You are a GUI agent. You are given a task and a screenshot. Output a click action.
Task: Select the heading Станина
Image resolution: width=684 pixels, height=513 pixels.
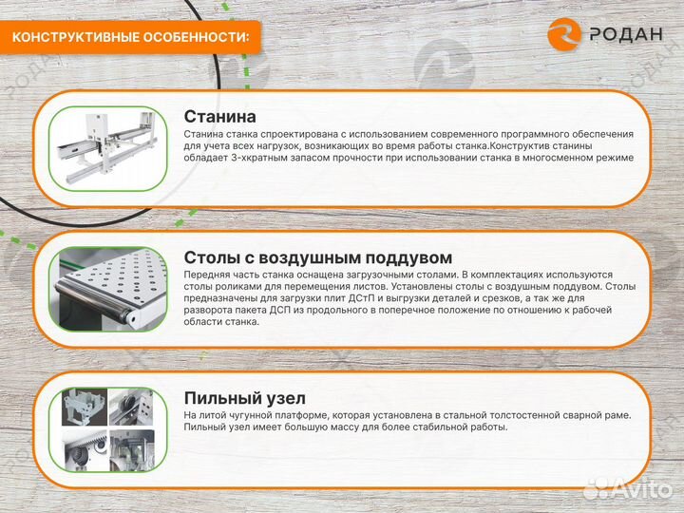pos(219,117)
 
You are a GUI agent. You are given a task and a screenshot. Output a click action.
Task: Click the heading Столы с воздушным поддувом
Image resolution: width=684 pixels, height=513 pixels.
pos(317,257)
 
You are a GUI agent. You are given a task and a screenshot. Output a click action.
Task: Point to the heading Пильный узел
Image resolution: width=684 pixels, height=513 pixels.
pos(244,398)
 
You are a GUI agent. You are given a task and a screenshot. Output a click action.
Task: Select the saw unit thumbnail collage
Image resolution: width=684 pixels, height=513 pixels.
pos(106,429)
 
